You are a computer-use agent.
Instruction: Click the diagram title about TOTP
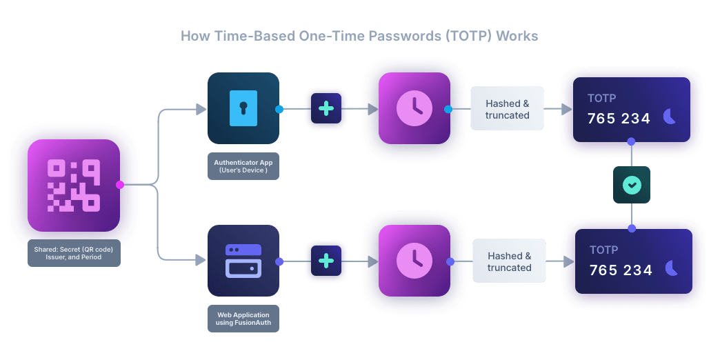tap(359, 36)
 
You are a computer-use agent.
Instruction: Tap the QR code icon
tap(74, 185)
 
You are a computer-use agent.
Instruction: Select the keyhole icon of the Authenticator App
tap(243, 108)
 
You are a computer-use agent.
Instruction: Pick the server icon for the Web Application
tap(243, 261)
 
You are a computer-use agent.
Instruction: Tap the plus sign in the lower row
tap(326, 261)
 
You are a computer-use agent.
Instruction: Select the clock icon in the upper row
tap(414, 108)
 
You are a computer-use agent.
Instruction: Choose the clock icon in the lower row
tap(414, 261)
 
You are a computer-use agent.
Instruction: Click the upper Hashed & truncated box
tap(507, 109)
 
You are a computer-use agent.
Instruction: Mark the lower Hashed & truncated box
tap(509, 261)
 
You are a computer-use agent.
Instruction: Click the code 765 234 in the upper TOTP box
tap(619, 119)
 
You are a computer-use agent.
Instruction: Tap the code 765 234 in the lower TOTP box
tap(621, 270)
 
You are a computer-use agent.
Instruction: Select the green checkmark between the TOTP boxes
tap(632, 185)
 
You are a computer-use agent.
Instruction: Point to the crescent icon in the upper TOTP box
tap(670, 117)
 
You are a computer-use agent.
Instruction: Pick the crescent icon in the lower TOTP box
tap(672, 269)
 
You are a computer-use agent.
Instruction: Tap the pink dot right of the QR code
tap(120, 185)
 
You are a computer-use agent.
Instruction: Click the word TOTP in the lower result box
tap(603, 250)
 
